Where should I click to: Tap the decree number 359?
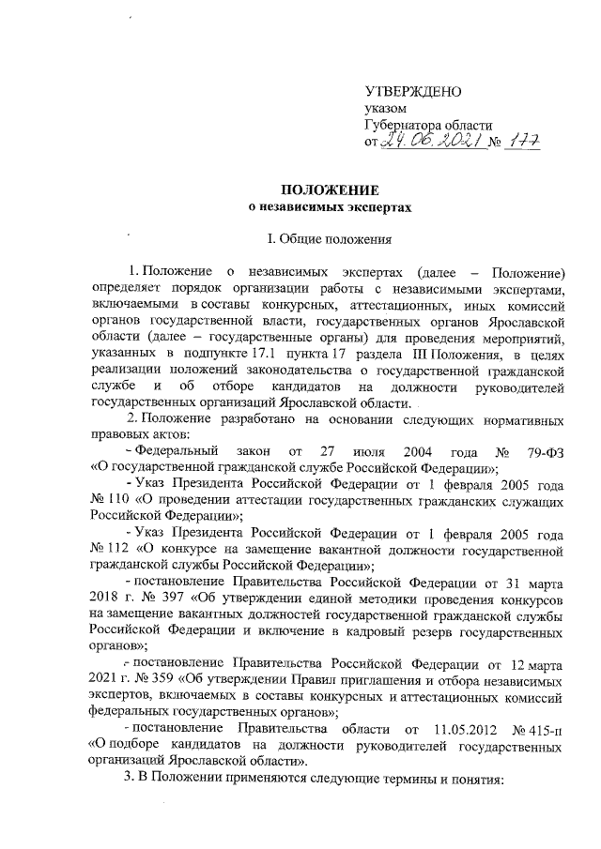point(174,680)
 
